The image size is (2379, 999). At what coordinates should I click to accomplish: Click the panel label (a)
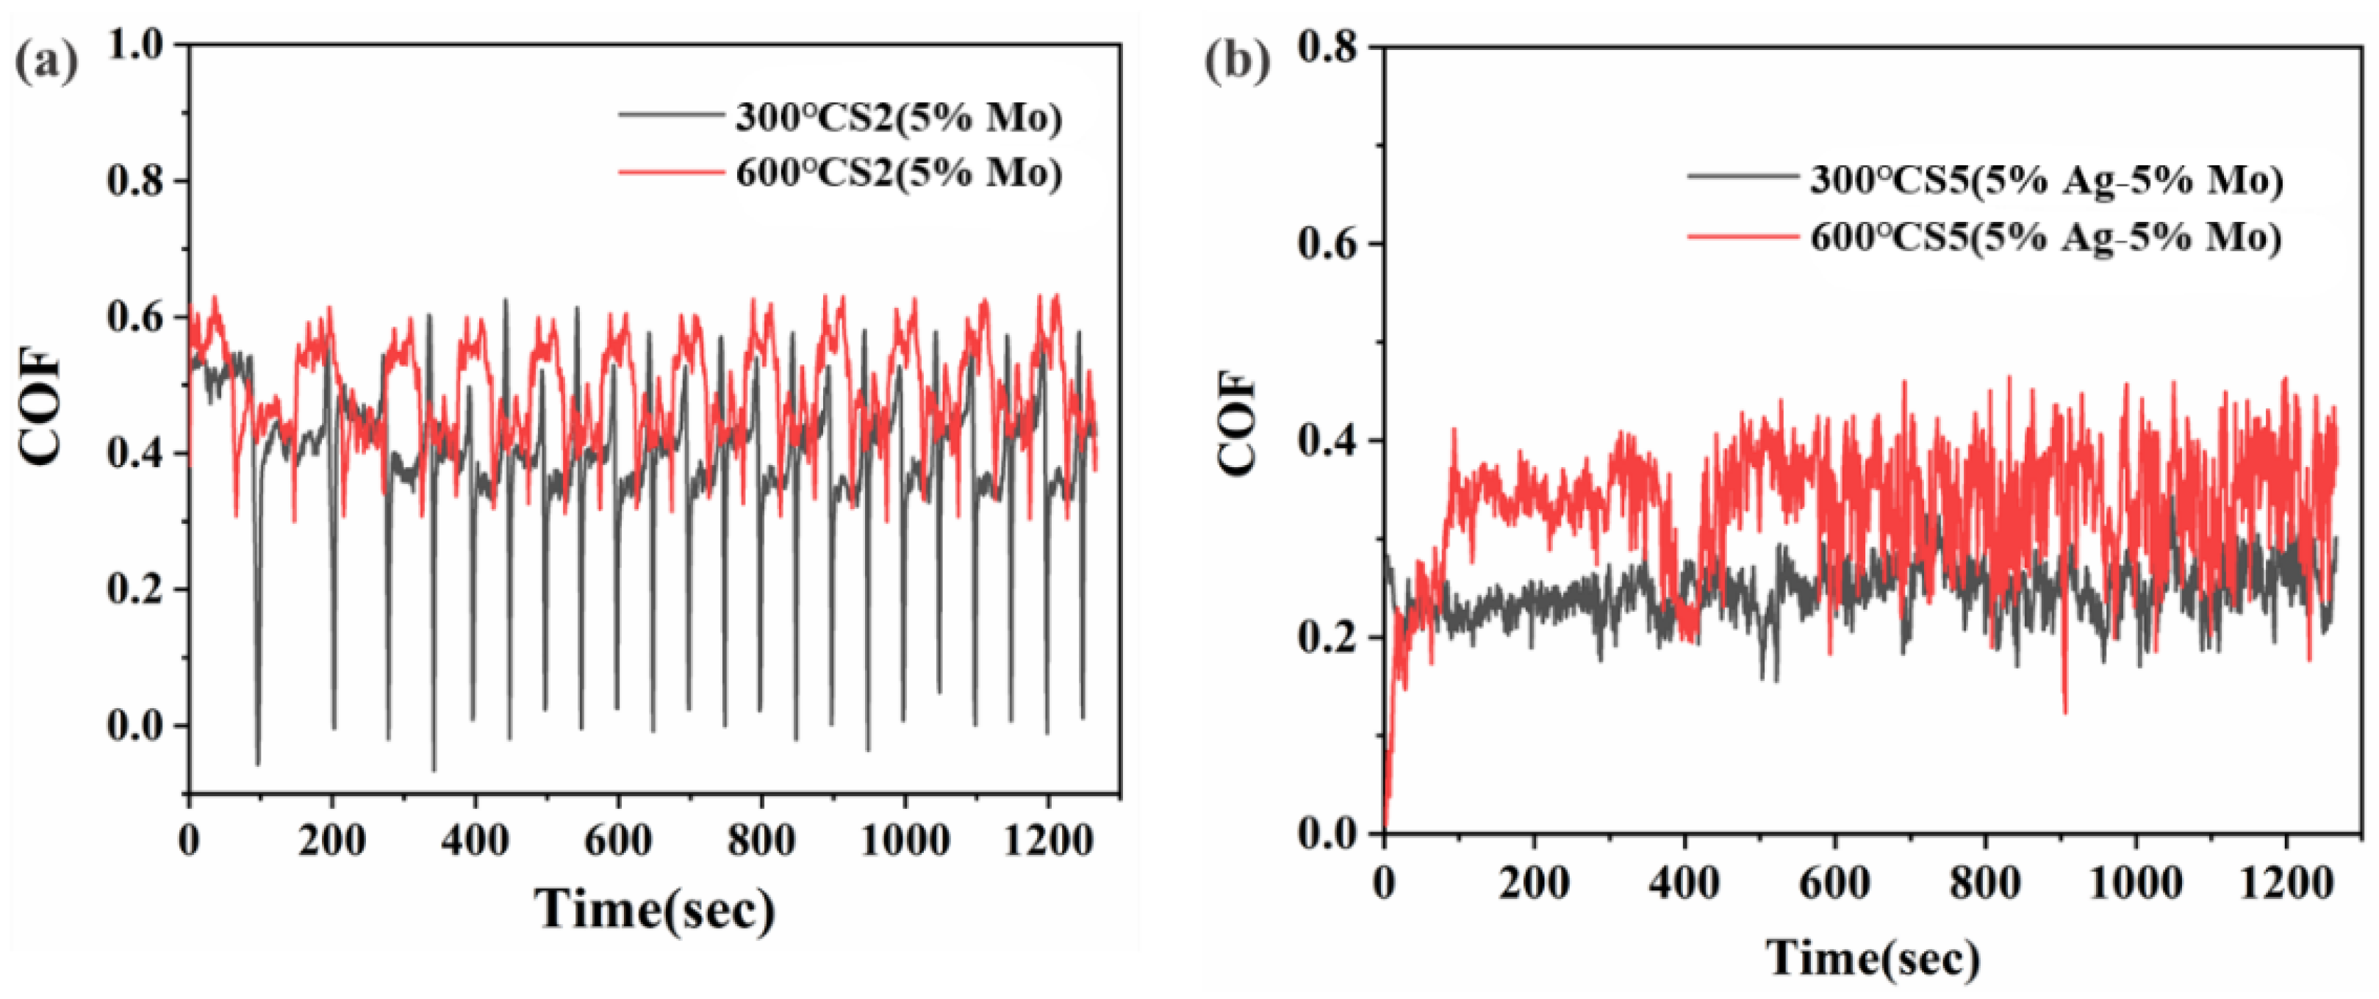pyautogui.click(x=46, y=62)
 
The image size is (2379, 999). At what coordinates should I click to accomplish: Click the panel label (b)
pyautogui.click(x=1237, y=62)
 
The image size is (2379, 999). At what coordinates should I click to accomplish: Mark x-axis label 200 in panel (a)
pyautogui.click(x=332, y=840)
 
